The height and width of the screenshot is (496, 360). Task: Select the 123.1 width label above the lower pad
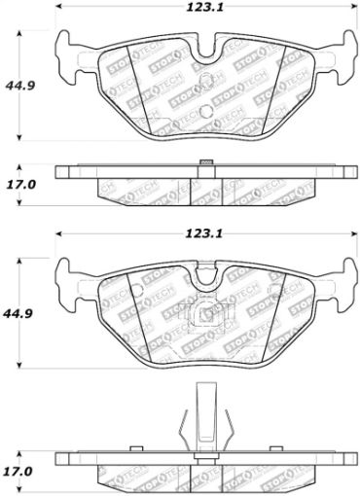tap(200, 234)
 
